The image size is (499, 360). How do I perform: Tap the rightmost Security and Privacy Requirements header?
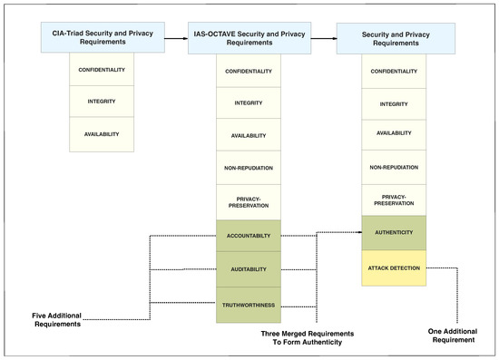click(396, 37)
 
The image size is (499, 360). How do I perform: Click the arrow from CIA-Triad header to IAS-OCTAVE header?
click(172, 37)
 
